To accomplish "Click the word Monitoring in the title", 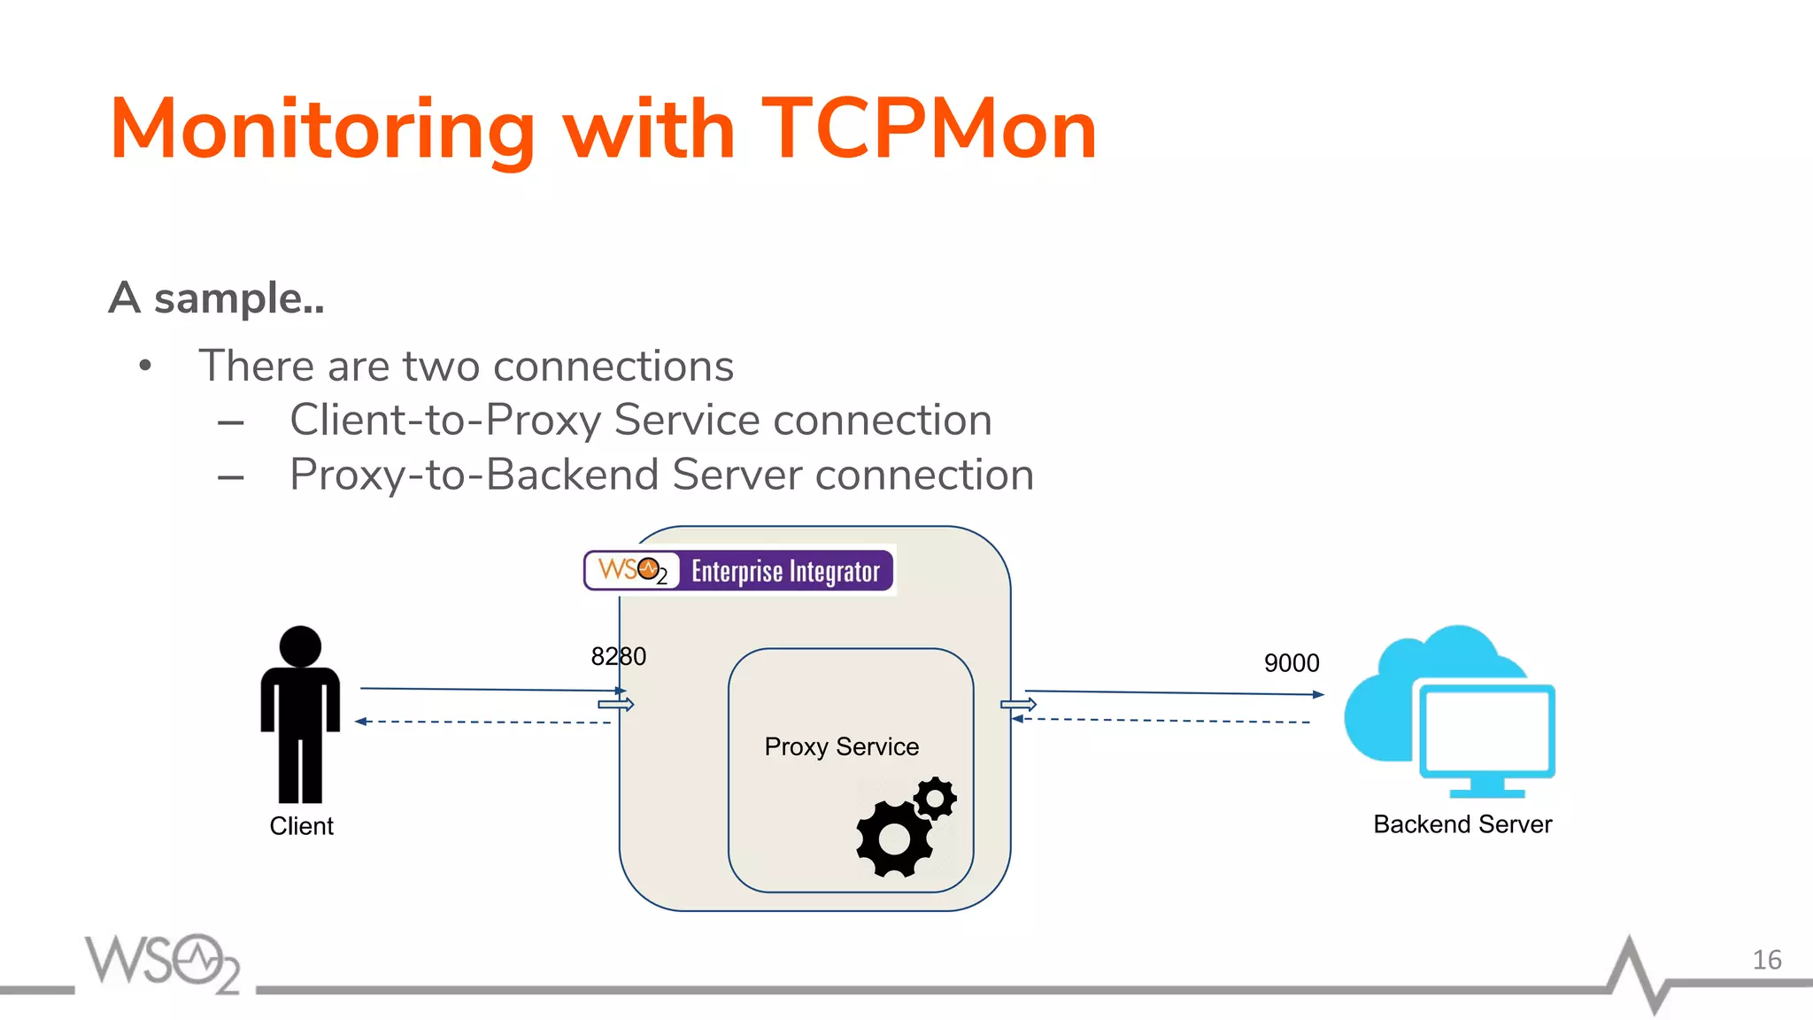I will point(322,129).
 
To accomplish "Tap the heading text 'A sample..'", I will point(217,297).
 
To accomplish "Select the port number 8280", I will point(618,656).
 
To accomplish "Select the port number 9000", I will point(1291,662).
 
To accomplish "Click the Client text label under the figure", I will point(301,826).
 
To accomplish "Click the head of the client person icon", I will point(300,646).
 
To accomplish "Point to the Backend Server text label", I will point(1462,824).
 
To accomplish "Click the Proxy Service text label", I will point(841,746).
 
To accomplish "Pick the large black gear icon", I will point(894,838).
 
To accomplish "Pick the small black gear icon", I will point(935,799).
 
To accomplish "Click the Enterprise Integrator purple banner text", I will point(785,571).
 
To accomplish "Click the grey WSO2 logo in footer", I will point(162,962).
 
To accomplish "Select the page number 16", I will point(1766,960).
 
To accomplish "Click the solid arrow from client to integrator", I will point(491,689).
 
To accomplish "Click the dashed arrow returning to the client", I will point(482,722).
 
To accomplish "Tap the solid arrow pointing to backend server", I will point(1173,692).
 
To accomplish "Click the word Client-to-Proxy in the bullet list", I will point(445,420).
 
